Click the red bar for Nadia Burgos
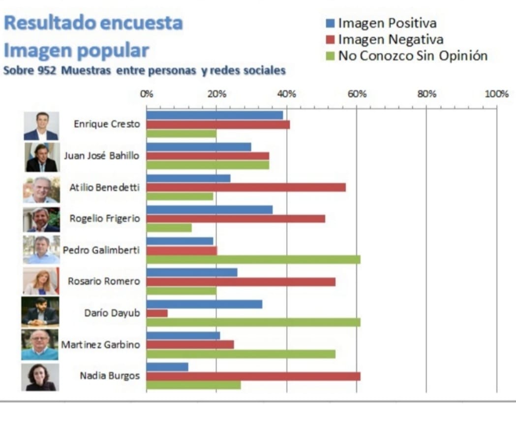point(253,376)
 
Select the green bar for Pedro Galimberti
point(253,259)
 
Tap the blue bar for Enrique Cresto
point(214,115)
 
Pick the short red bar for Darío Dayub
point(157,313)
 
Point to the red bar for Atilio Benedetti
point(246,188)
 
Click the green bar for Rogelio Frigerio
point(169,228)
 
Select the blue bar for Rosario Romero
point(192,272)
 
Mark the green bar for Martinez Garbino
point(241,354)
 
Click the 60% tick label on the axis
point(357,94)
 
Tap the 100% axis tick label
point(496,94)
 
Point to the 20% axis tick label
point(217,94)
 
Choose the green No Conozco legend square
point(331,56)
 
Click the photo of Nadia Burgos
point(40,377)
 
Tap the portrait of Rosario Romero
point(40,281)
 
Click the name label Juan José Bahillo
point(101,156)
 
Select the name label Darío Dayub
point(112,313)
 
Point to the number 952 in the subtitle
point(47,71)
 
